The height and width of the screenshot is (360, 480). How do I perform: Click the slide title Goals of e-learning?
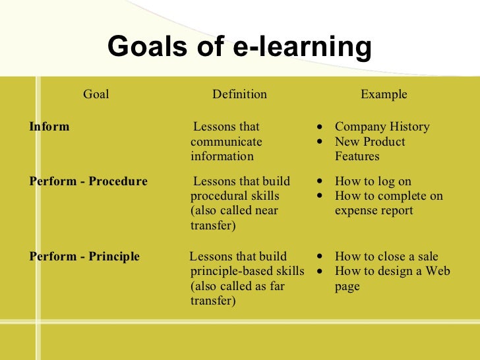(239, 47)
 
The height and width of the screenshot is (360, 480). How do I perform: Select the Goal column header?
(96, 94)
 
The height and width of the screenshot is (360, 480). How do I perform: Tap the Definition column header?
(239, 94)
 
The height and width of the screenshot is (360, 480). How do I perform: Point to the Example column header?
(384, 94)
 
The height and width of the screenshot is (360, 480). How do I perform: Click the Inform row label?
(49, 127)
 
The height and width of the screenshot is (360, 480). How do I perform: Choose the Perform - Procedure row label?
(88, 181)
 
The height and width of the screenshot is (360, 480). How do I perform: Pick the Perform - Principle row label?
(84, 256)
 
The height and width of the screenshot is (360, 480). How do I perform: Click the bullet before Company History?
(320, 127)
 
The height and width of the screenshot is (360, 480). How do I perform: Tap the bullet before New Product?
(320, 142)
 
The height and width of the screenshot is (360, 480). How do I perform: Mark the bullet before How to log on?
(320, 182)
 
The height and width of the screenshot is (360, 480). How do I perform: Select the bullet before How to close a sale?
(320, 257)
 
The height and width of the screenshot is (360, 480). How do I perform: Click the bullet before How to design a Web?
(320, 272)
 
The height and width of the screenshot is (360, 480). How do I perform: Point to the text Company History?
(382, 127)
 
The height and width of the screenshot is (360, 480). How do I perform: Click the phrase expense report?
(374, 211)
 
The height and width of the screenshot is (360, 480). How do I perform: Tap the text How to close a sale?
(386, 256)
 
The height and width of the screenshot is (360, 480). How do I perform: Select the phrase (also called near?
(234, 211)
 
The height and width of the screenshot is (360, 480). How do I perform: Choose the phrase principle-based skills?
(247, 272)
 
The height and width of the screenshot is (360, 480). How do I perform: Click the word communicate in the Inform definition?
(226, 142)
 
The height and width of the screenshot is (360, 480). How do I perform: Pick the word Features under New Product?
(357, 156)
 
